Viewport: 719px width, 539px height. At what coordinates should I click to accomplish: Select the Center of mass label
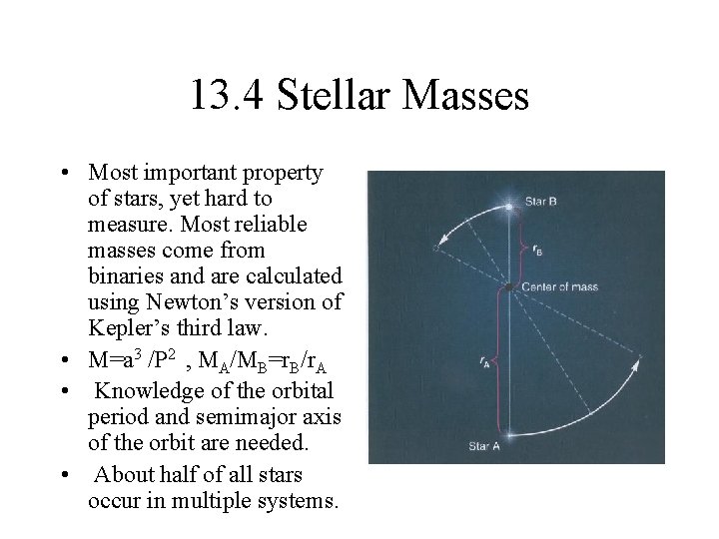coord(557,286)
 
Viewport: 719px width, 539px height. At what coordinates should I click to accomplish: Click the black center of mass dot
coord(509,287)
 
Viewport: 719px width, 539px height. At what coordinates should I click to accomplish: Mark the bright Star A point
coord(509,432)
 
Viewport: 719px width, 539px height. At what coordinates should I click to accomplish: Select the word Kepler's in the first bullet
coord(125,327)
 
